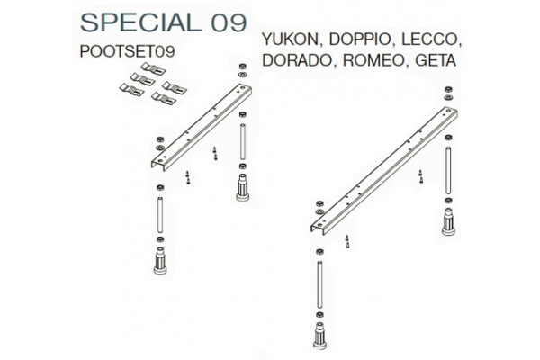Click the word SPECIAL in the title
pyautogui.click(x=141, y=22)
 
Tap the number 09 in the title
pyautogui.click(x=229, y=23)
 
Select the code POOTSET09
pyautogui.click(x=128, y=51)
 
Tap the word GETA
pyautogui.click(x=436, y=60)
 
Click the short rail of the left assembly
pyautogui.click(x=202, y=127)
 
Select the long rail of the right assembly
pyautogui.click(x=384, y=171)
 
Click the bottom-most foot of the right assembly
pyautogui.click(x=319, y=335)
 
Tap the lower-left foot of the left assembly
pyautogui.click(x=160, y=260)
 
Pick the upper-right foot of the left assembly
pyautogui.click(x=243, y=187)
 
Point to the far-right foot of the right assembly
pyautogui.click(x=448, y=222)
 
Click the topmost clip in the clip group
pyautogui.click(x=153, y=68)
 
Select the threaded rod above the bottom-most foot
pyautogui.click(x=319, y=284)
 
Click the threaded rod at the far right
pyautogui.click(x=448, y=170)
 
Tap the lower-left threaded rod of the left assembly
pyautogui.click(x=160, y=214)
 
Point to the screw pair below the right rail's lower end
pyautogui.click(x=347, y=242)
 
